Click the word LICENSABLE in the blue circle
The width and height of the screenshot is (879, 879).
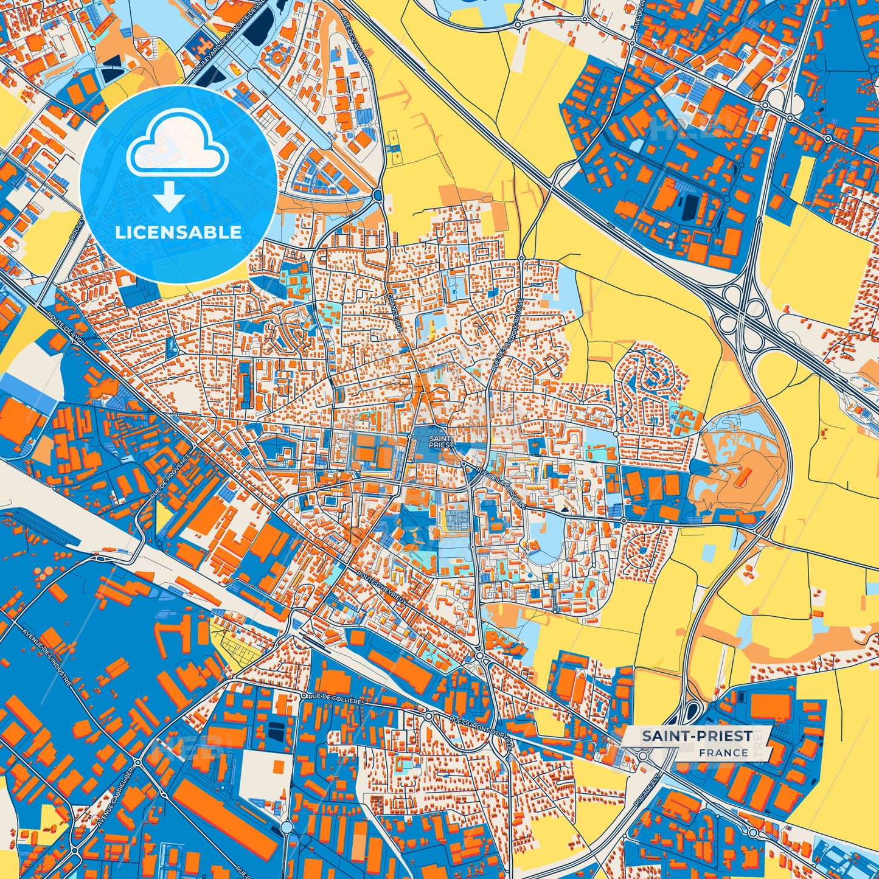pyautogui.click(x=178, y=232)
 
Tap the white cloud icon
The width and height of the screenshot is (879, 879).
pyautogui.click(x=177, y=147)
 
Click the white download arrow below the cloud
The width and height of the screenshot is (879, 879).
pyautogui.click(x=170, y=198)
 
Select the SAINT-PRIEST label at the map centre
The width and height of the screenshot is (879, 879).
pyautogui.click(x=441, y=442)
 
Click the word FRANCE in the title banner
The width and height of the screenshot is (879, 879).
pyautogui.click(x=723, y=752)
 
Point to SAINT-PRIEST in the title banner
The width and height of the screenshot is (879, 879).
pyautogui.click(x=697, y=736)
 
